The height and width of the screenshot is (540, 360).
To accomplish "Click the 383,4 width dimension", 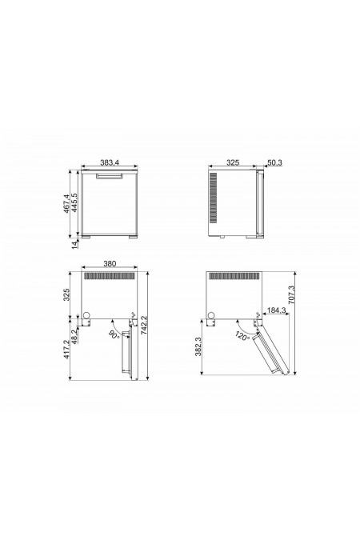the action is click(x=110, y=162).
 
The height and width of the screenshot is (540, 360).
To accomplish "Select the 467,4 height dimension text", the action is click(x=67, y=203).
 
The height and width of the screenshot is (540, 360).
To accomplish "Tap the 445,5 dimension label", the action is click(x=74, y=202).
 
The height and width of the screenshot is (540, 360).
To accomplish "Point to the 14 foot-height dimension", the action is click(x=75, y=245).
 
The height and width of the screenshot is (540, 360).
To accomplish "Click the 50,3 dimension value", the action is click(x=274, y=162).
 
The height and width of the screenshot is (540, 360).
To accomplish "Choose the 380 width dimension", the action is click(x=110, y=264).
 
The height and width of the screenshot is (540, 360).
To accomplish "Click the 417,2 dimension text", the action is click(x=67, y=349).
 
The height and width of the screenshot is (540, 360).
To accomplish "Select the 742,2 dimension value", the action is click(x=144, y=326).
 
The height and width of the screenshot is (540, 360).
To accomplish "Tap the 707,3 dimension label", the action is click(x=291, y=294).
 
